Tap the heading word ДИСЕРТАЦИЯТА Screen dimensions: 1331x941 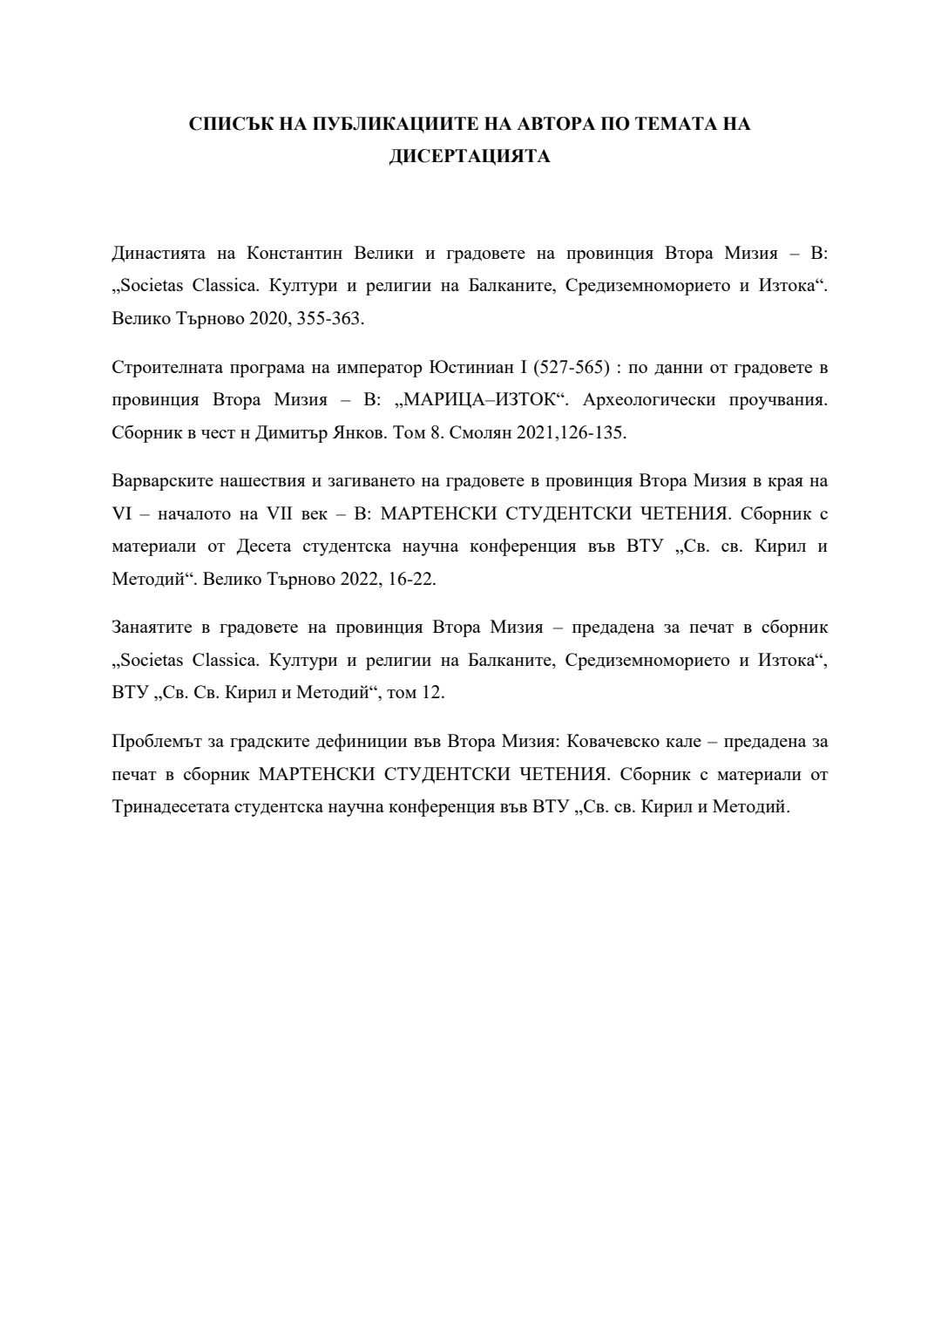pos(470,157)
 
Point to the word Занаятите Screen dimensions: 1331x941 pos(154,628)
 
